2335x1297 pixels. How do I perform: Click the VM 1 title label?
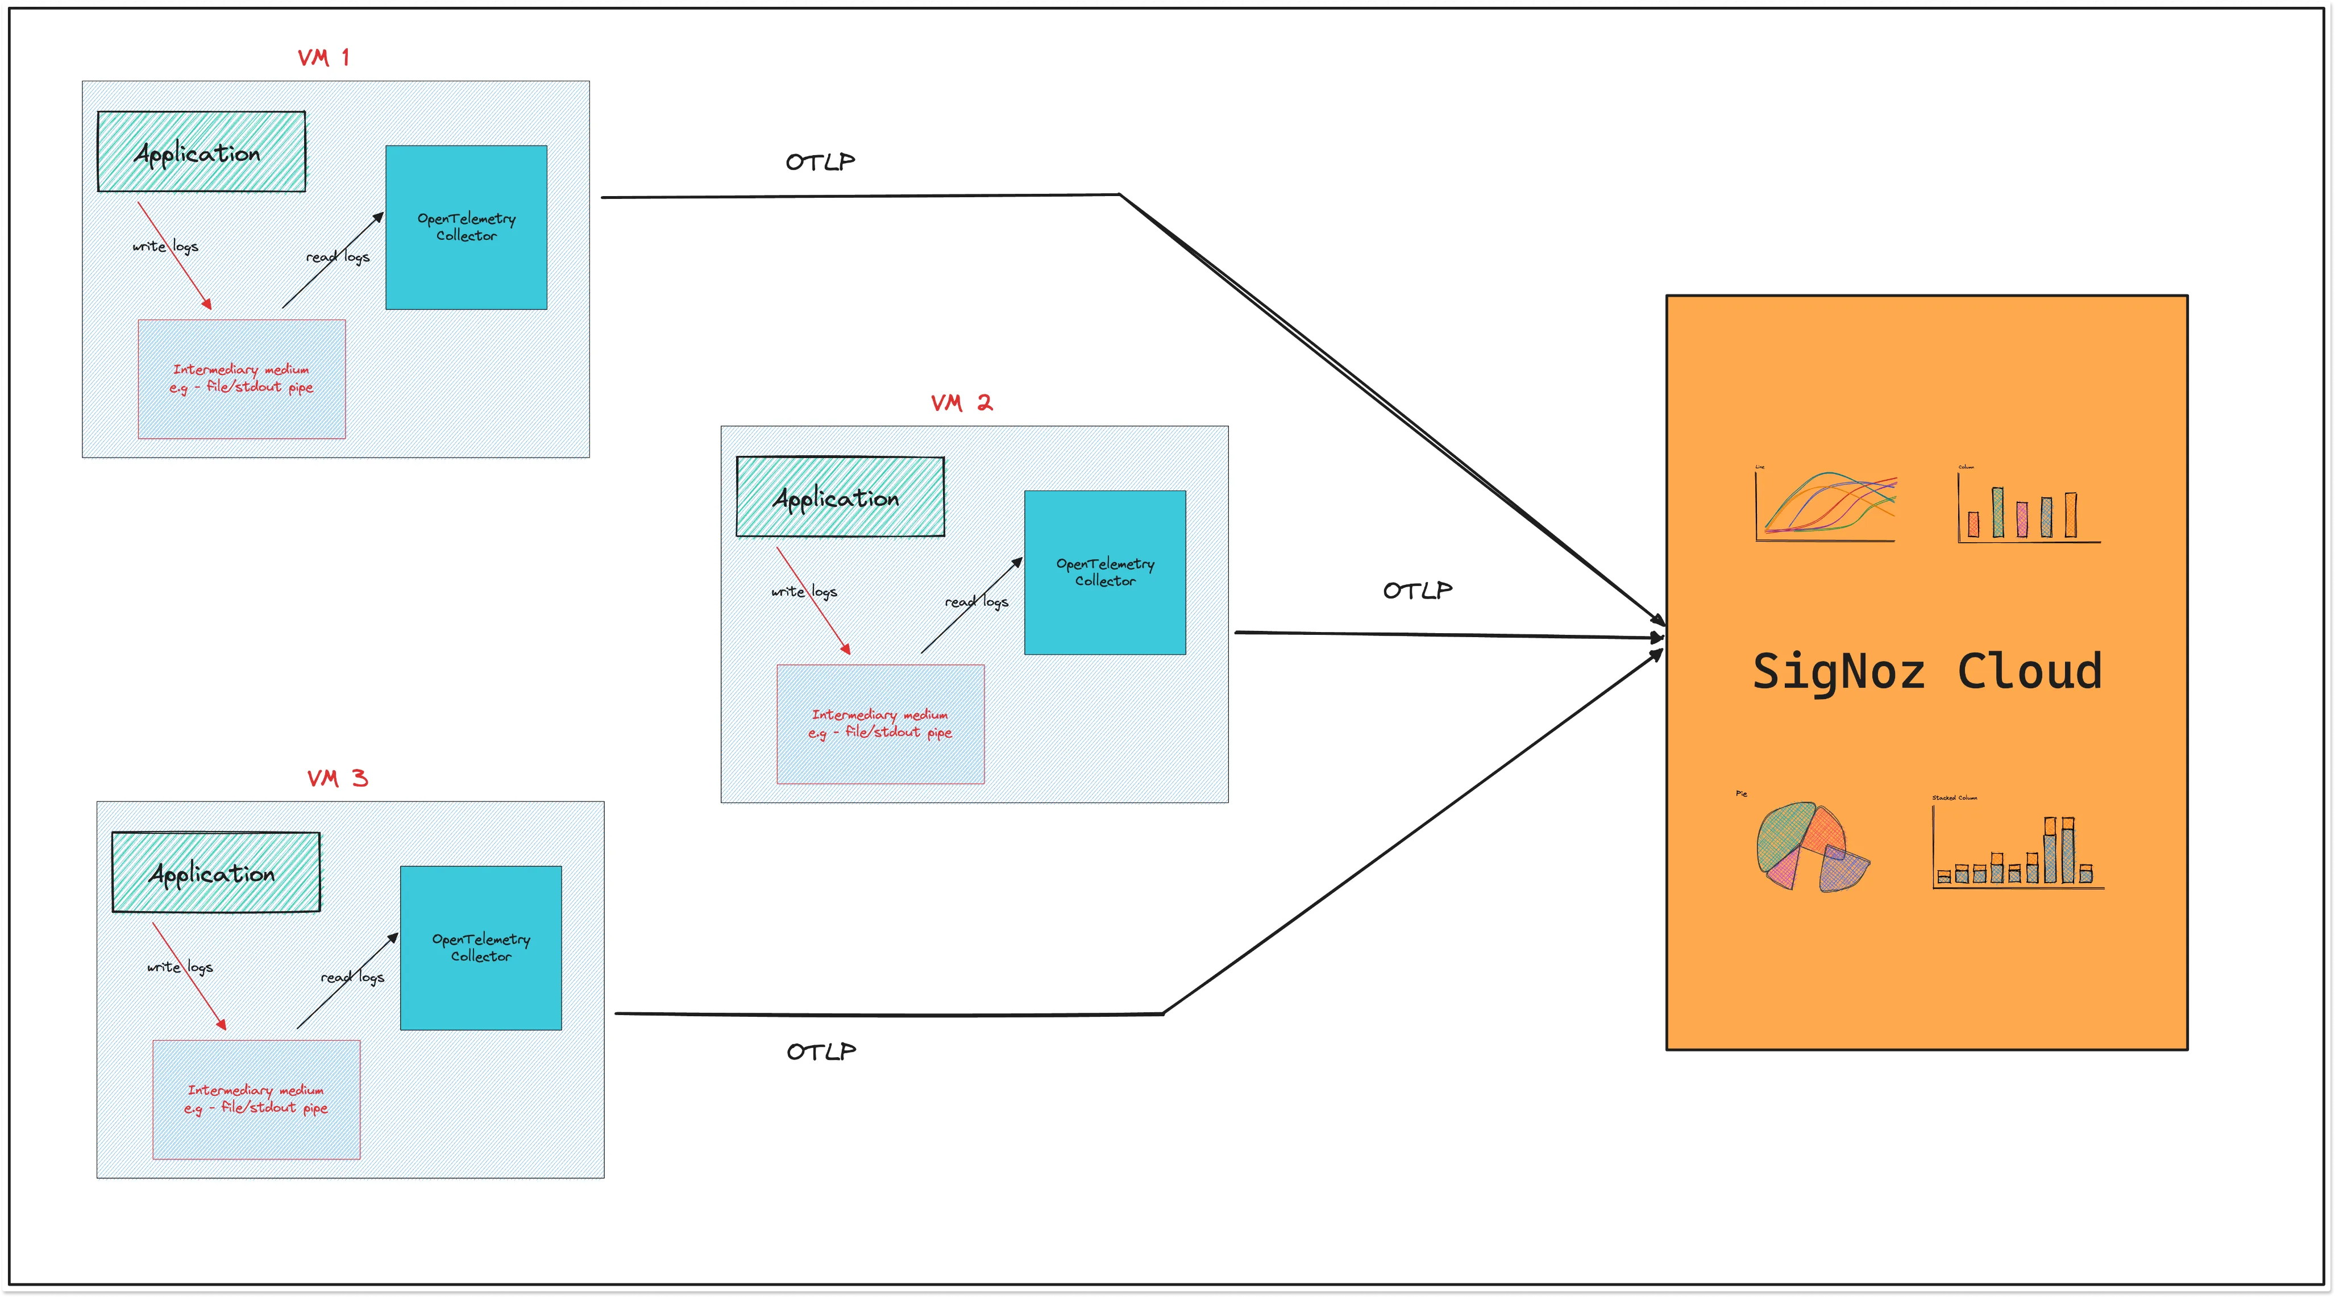323,58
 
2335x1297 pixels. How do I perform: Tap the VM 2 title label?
961,404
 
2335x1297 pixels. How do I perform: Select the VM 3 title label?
337,779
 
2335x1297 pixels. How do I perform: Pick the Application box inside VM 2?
840,497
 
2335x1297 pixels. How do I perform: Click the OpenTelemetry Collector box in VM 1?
466,227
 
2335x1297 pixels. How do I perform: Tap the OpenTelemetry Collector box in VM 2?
1105,573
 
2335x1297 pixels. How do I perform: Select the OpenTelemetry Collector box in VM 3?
480,948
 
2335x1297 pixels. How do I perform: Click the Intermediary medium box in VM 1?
241,379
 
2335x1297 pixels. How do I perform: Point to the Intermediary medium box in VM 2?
880,724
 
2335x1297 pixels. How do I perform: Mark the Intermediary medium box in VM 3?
256,1099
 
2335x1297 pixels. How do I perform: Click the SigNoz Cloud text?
1927,672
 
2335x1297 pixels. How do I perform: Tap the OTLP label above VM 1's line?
820,162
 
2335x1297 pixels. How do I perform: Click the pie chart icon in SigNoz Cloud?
1811,846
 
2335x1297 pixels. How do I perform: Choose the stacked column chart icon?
2018,850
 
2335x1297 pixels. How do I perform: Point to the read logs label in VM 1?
338,257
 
